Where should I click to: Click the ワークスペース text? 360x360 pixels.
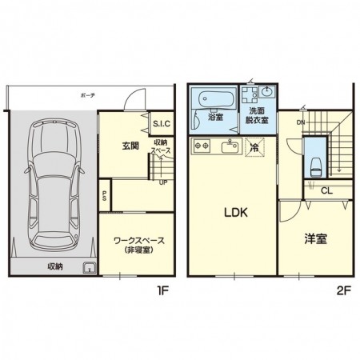(x=134, y=239)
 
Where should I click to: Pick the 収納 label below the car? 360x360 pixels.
(x=54, y=267)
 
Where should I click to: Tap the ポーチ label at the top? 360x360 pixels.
(x=88, y=94)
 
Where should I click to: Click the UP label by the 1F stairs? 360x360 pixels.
(x=163, y=181)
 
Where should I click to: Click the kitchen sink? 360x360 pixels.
(x=233, y=146)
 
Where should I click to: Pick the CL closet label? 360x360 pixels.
(x=326, y=190)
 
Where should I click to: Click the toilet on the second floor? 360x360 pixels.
(x=316, y=167)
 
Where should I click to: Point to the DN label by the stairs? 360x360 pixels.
(x=300, y=122)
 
